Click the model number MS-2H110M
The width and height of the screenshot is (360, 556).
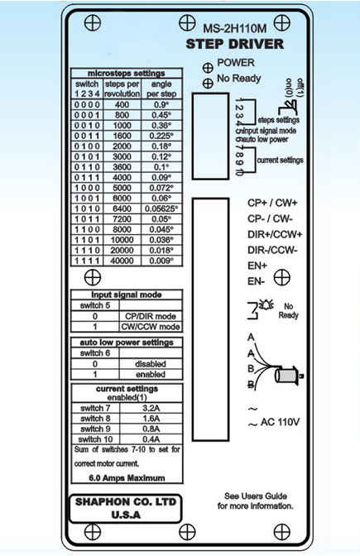click(x=234, y=29)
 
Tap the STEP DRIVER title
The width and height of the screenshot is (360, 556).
click(x=235, y=45)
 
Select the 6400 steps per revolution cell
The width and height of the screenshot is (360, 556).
click(x=122, y=208)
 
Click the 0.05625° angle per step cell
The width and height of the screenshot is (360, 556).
click(x=161, y=208)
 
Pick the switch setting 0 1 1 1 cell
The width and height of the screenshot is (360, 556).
click(x=87, y=177)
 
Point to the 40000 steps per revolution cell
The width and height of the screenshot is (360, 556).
click(x=122, y=261)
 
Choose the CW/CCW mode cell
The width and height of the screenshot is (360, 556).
click(x=151, y=327)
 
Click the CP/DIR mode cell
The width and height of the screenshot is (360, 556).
click(x=151, y=316)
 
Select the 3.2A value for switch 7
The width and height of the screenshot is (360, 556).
click(x=151, y=408)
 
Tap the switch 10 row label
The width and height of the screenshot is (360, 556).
click(x=95, y=439)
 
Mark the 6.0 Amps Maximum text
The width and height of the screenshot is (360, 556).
click(x=127, y=478)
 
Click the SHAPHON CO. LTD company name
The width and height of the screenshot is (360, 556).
click(x=126, y=502)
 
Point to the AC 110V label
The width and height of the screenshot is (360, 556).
click(x=280, y=422)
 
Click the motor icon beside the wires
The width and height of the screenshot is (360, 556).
click(x=289, y=375)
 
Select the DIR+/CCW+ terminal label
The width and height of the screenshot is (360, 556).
click(x=275, y=234)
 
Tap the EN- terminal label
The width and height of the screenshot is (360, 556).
click(x=256, y=281)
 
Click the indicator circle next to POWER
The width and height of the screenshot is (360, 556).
click(x=208, y=68)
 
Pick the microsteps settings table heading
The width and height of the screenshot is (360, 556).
click(x=127, y=74)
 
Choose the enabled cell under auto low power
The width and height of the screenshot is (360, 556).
click(x=151, y=375)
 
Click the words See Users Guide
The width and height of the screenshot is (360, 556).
click(x=256, y=496)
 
